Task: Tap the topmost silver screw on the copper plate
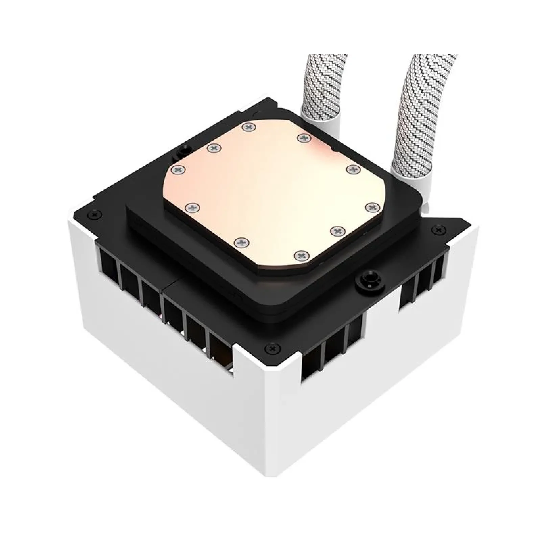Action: tap(250, 127)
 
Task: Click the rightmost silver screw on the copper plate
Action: tap(372, 206)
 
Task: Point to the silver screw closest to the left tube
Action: tap(304, 137)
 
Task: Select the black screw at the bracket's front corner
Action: tap(272, 347)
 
